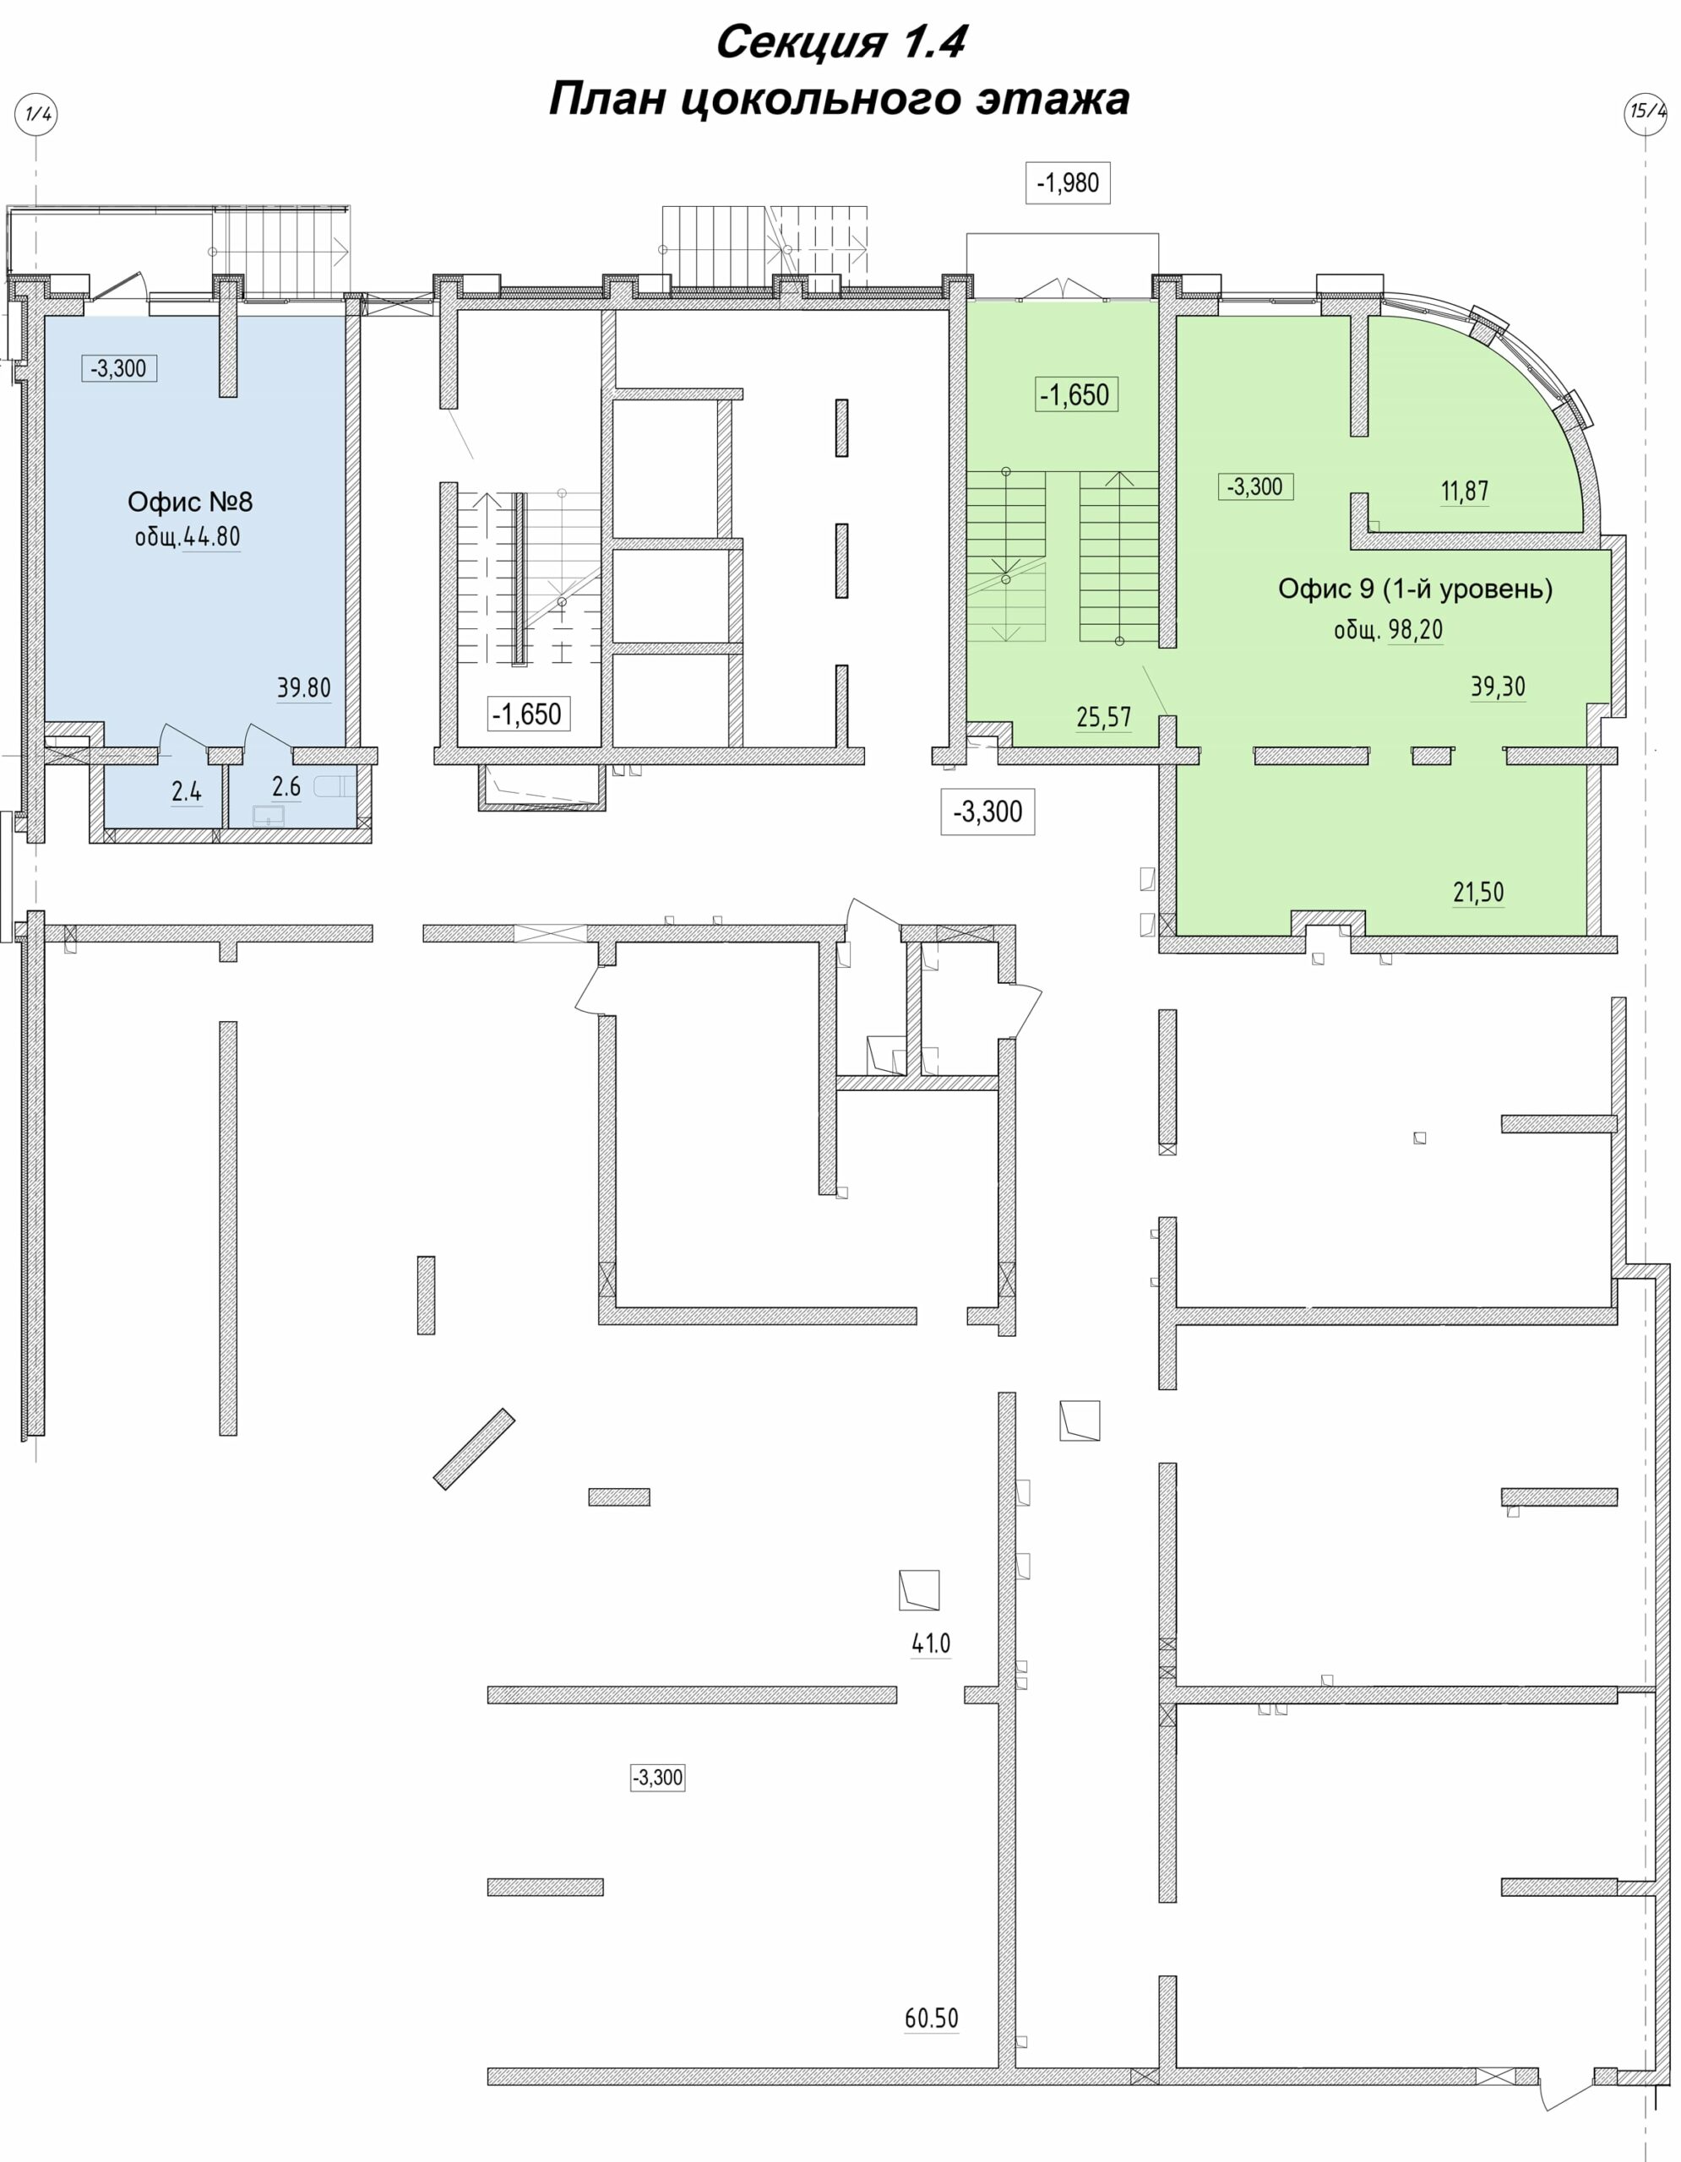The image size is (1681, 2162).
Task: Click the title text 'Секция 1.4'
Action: (840, 42)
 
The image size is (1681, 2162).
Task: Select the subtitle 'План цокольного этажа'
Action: (840, 99)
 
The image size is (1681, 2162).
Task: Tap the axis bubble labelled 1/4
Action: (35, 114)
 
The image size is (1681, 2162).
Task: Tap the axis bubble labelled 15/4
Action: (1647, 111)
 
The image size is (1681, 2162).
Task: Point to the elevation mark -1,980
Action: (1067, 183)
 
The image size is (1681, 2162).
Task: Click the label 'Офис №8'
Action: (190, 502)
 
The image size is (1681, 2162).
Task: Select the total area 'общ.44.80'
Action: (188, 536)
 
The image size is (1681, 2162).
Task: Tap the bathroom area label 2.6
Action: (286, 787)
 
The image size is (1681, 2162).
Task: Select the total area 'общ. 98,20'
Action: (1388, 629)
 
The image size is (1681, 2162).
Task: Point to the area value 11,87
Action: (1464, 491)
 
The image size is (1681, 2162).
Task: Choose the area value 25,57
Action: (1104, 717)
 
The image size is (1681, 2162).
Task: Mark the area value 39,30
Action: (1498, 687)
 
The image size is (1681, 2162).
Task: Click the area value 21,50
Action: (1478, 892)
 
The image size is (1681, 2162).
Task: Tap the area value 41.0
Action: (931, 1643)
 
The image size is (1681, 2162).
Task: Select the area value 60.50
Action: (932, 2018)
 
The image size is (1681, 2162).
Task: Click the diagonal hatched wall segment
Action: (474, 1449)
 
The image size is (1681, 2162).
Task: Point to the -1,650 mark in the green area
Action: (1075, 395)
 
